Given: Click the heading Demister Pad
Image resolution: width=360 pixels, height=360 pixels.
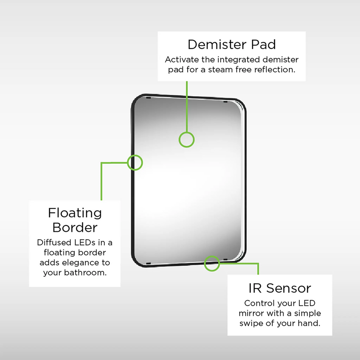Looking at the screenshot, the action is [232, 44].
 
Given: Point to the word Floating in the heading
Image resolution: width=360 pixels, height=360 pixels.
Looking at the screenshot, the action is [75, 213].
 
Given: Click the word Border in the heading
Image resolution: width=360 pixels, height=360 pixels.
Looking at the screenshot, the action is [75, 227].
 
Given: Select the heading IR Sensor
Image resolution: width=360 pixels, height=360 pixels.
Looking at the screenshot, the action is [279, 288].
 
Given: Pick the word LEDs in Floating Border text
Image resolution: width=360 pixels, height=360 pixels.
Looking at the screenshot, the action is [84, 243].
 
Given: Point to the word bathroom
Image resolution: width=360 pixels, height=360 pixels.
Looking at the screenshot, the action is [85, 273].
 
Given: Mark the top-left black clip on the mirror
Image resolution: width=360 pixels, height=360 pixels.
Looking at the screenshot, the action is [148, 98].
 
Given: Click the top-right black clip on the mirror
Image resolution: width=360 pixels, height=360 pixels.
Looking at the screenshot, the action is [225, 102].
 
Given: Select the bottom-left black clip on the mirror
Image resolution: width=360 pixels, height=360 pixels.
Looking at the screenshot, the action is [148, 263].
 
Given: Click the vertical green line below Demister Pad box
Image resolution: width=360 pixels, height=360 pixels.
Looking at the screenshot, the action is [187, 107].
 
